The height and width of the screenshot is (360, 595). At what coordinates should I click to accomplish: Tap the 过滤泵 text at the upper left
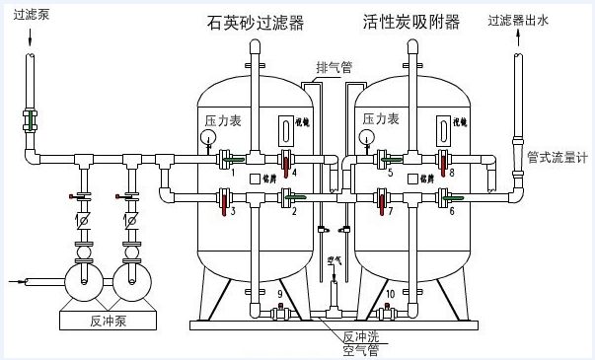point(29,15)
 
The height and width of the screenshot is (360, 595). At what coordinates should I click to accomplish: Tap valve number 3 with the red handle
point(227,203)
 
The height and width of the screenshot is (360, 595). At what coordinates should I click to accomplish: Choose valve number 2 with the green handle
point(287,196)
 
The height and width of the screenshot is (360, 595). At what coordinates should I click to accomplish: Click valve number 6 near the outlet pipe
point(446,196)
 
